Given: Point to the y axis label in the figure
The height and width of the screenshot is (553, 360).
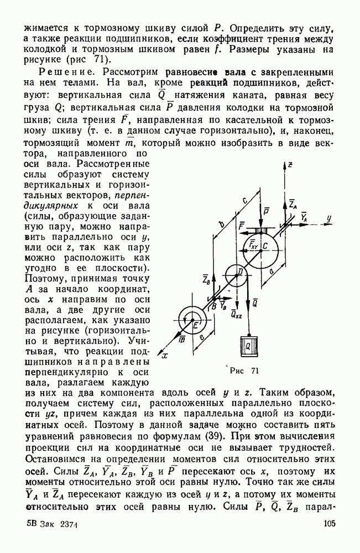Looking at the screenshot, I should [328, 219].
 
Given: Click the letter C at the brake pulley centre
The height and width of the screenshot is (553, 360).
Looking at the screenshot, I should [265, 245].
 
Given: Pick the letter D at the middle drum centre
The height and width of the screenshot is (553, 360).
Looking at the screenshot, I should [239, 272].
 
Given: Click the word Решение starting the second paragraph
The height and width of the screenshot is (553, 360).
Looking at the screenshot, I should [62, 71].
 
